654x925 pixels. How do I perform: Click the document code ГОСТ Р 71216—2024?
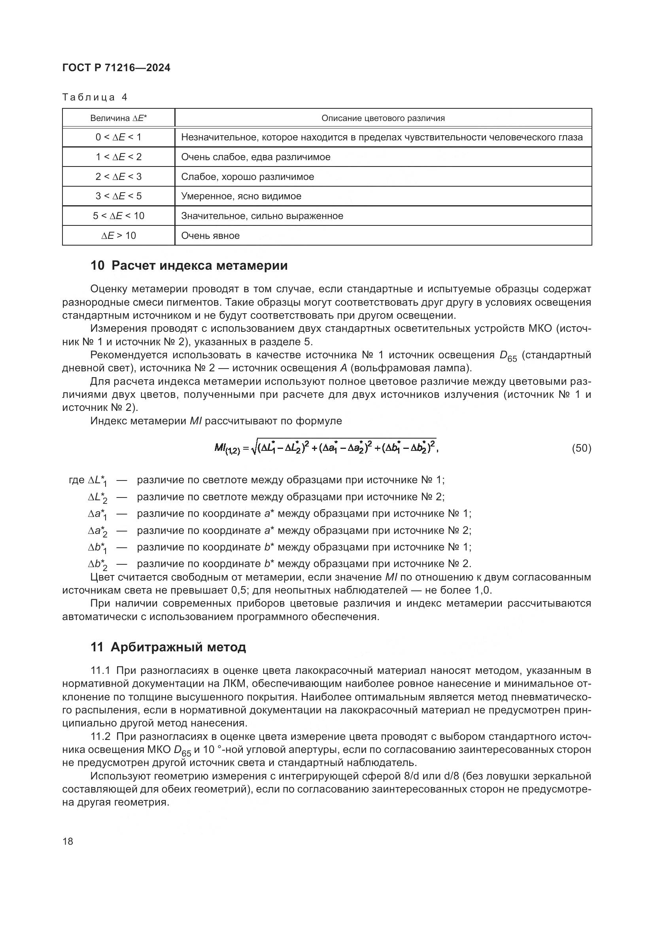click(x=116, y=68)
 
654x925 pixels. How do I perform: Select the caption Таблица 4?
click(x=95, y=97)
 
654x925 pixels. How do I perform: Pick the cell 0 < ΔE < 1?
click(x=118, y=137)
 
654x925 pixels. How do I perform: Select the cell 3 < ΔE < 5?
click(x=118, y=196)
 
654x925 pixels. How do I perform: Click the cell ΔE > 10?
click(x=118, y=236)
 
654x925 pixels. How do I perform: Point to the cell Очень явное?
click(x=210, y=236)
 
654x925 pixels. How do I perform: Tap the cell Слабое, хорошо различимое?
click(x=247, y=177)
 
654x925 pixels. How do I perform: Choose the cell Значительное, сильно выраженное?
click(x=262, y=216)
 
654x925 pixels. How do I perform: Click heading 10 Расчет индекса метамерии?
click(x=189, y=266)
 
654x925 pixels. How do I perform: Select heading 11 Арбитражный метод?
click(x=168, y=647)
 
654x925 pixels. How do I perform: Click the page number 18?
click(x=68, y=841)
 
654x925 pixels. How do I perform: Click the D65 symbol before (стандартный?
click(x=508, y=356)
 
